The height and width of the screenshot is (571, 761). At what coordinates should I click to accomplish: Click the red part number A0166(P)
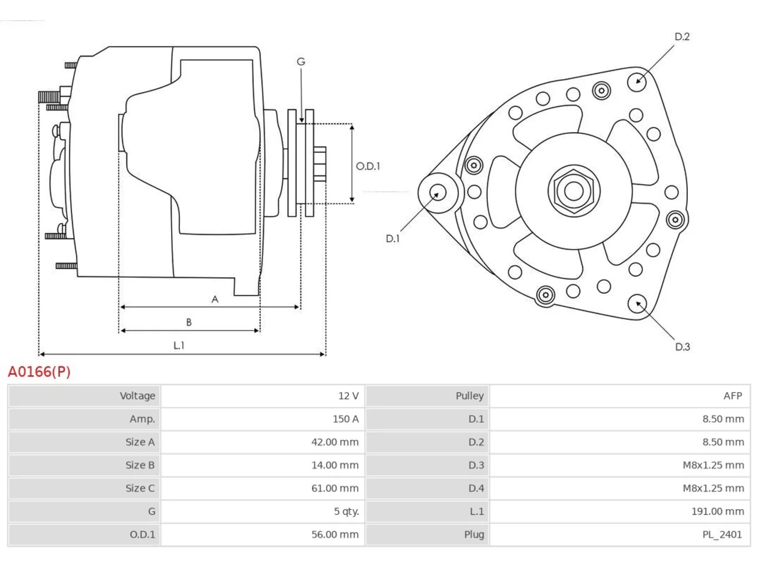(39, 372)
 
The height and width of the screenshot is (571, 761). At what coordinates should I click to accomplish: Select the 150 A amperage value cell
(262, 419)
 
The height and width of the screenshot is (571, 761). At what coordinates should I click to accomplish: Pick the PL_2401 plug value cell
(620, 534)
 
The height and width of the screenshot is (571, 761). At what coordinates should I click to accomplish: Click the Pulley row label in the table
(470, 396)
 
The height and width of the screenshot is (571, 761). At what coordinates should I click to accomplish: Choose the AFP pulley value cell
(620, 396)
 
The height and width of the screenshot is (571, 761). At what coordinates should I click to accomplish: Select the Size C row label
(140, 488)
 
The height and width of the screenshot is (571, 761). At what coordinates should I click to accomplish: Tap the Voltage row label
(137, 396)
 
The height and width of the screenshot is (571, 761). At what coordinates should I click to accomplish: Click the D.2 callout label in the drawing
(682, 36)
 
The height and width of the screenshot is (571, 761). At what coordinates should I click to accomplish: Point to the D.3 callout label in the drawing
(683, 347)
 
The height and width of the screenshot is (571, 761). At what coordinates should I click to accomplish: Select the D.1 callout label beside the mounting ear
(392, 239)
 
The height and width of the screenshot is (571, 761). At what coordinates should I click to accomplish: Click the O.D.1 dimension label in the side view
(368, 166)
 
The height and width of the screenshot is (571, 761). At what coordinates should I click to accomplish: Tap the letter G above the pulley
(301, 61)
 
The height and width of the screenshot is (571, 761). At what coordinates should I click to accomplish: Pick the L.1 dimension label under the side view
(179, 346)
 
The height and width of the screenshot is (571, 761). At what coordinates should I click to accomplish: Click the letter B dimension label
(189, 322)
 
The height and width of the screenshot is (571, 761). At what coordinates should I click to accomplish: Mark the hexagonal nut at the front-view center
(574, 191)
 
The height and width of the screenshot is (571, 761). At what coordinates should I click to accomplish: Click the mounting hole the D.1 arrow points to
(438, 193)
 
